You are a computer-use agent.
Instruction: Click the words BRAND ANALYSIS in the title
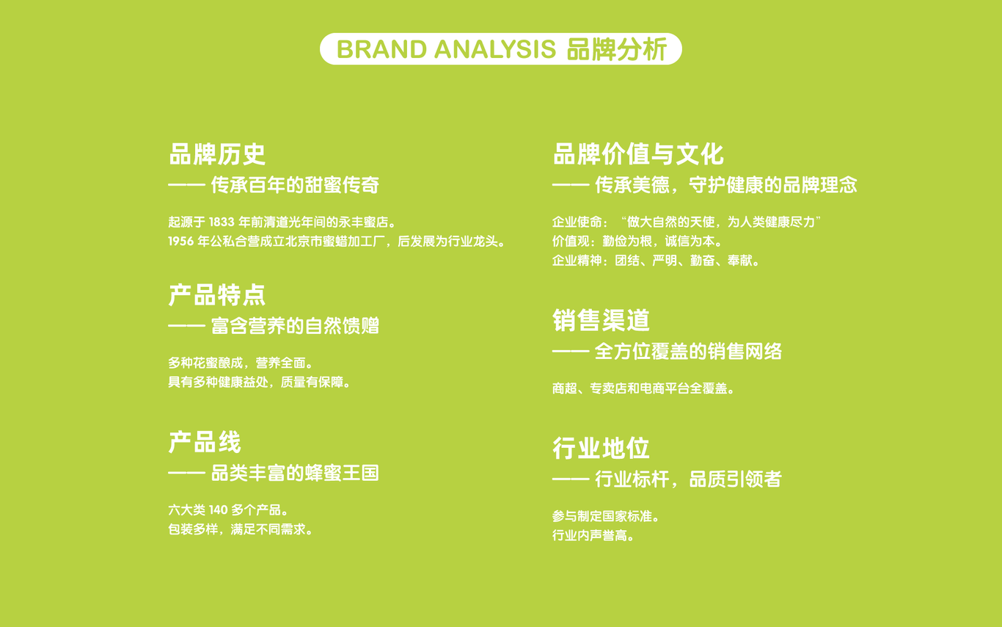coord(446,50)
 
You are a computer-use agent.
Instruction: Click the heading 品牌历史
coord(217,154)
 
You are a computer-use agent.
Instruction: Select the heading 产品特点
coord(217,295)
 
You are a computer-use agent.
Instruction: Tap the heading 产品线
coord(205,443)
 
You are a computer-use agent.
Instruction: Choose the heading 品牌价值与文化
coord(637,154)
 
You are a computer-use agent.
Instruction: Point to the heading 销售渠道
coord(601,320)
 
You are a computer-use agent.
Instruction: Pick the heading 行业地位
coord(601,448)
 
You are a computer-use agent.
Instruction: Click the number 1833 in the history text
coord(221,222)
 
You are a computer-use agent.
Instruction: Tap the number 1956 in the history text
coord(180,241)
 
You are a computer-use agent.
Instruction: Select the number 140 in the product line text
coord(218,510)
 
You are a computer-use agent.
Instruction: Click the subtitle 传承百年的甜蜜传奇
coord(295,185)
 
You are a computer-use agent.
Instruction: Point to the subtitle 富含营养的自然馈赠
coord(295,326)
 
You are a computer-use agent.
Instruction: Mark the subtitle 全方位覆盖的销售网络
coord(688,352)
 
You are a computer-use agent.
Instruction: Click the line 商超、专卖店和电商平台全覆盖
coord(643,388)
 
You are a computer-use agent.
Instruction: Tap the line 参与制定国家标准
coord(605,516)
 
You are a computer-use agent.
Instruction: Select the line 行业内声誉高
coord(593,535)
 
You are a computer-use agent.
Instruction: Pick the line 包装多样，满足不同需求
coord(241,529)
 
